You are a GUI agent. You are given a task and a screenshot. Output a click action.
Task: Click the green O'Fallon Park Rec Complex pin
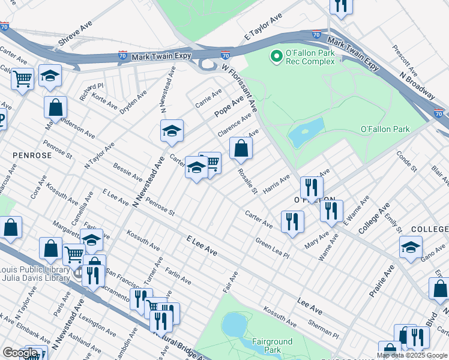pos(277,57)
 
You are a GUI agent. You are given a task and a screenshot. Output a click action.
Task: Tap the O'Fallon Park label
pos(385,129)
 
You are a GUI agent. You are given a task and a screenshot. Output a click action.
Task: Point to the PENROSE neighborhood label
pos(32,155)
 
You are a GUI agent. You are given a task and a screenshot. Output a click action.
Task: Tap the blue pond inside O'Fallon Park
pos(306,133)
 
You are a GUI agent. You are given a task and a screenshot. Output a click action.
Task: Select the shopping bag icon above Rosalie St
pos(241,148)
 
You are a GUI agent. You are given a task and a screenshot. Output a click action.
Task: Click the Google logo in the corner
pos(20,353)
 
